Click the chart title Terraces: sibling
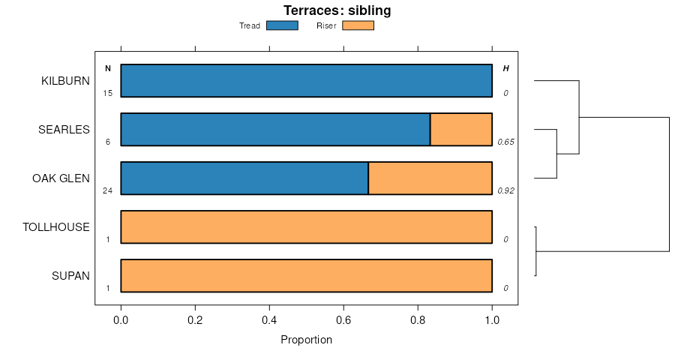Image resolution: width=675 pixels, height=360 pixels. pos(337,10)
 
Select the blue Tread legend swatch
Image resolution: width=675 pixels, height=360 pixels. pos(282,25)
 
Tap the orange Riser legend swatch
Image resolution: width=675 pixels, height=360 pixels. pos(358,25)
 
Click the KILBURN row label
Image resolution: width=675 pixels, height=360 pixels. pos(65,81)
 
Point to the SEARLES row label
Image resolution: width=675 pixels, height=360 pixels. pos(64,130)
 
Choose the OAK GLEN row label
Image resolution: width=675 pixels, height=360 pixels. pos(61,178)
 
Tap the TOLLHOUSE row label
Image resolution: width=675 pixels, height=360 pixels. pos(56,227)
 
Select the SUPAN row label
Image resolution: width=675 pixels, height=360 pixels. pos(70,276)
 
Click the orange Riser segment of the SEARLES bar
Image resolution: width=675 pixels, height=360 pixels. pos(461,130)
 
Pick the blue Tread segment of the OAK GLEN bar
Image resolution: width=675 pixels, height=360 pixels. pos(244,178)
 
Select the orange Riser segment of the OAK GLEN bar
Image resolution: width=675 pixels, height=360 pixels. pos(430,178)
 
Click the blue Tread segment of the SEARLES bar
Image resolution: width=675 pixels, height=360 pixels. pos(275,130)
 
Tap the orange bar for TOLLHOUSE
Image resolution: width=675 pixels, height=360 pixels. pos(306,227)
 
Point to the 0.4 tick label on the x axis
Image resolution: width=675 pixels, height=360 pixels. pos(269,319)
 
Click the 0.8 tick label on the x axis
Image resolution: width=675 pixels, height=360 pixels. pos(418,319)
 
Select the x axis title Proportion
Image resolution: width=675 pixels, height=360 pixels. pos(306,340)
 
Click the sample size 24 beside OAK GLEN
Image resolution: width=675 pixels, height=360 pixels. pos(107,191)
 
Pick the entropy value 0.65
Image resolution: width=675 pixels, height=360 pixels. pos(505,142)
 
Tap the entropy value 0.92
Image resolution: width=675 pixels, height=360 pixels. pos(505,191)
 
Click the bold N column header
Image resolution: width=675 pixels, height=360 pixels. pos(108,69)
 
